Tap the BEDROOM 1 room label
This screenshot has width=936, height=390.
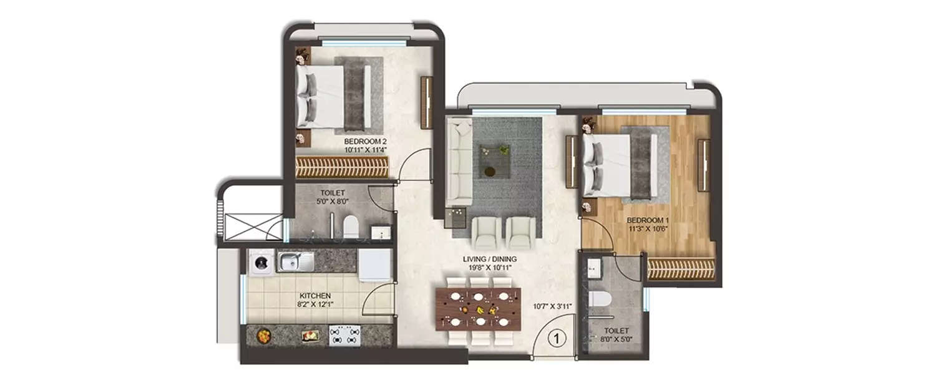[x=650, y=220]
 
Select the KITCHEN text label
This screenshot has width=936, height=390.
[x=314, y=296]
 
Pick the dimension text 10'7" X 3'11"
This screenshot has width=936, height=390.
[x=552, y=306]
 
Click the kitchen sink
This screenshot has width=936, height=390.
[x=291, y=262]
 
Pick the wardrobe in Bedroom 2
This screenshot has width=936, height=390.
[x=342, y=167]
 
